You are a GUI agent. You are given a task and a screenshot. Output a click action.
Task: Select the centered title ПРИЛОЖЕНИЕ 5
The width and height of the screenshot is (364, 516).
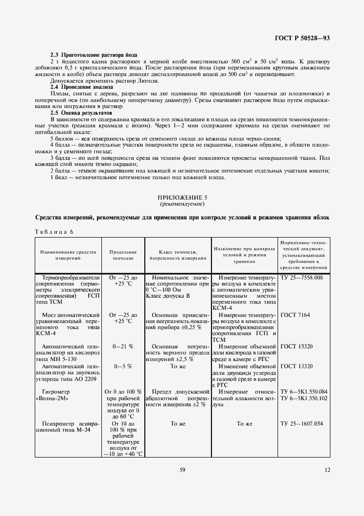coord(181,197)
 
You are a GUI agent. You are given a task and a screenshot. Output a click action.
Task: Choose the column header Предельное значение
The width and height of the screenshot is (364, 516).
coord(123,254)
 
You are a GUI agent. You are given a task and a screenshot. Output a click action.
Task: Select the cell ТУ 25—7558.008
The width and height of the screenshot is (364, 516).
coord(301,278)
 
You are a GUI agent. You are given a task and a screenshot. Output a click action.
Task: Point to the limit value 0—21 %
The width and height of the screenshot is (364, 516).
coord(123,347)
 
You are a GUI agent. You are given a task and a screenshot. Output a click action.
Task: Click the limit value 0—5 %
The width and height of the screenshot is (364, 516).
coord(123,365)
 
